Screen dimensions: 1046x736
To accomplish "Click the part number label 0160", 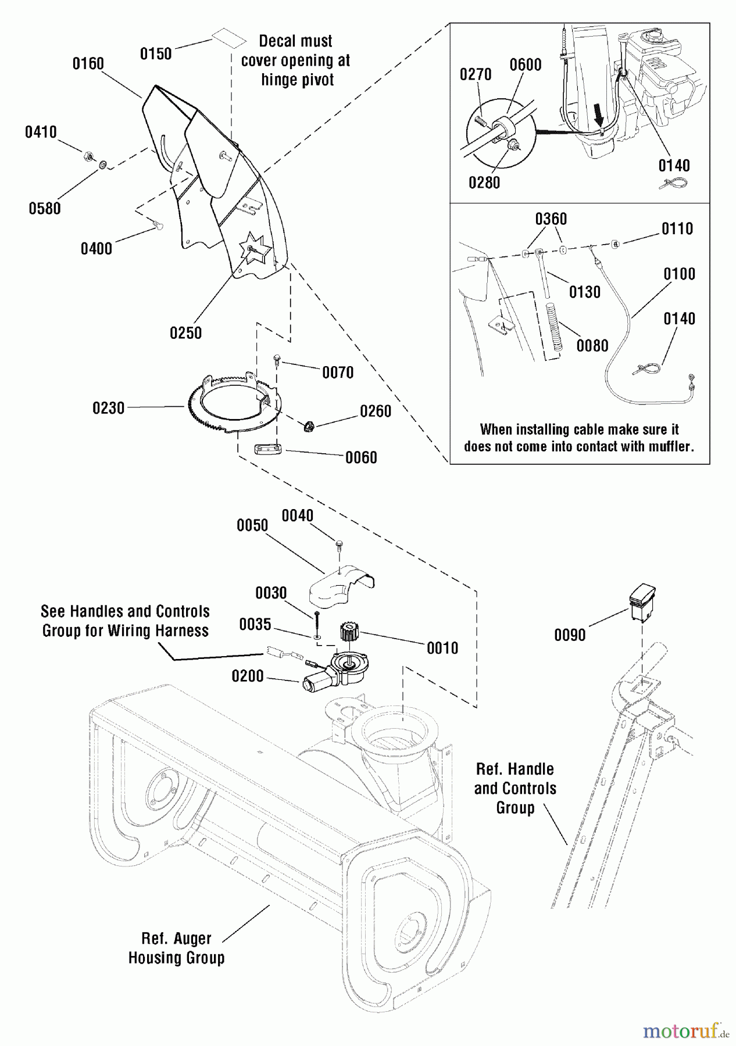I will [x=88, y=63].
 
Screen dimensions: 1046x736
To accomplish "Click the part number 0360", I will [x=551, y=219].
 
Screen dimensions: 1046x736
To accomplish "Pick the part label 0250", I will [x=185, y=333].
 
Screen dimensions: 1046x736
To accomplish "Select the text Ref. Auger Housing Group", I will [x=176, y=948].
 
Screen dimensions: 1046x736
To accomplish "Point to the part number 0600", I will [x=526, y=65].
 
